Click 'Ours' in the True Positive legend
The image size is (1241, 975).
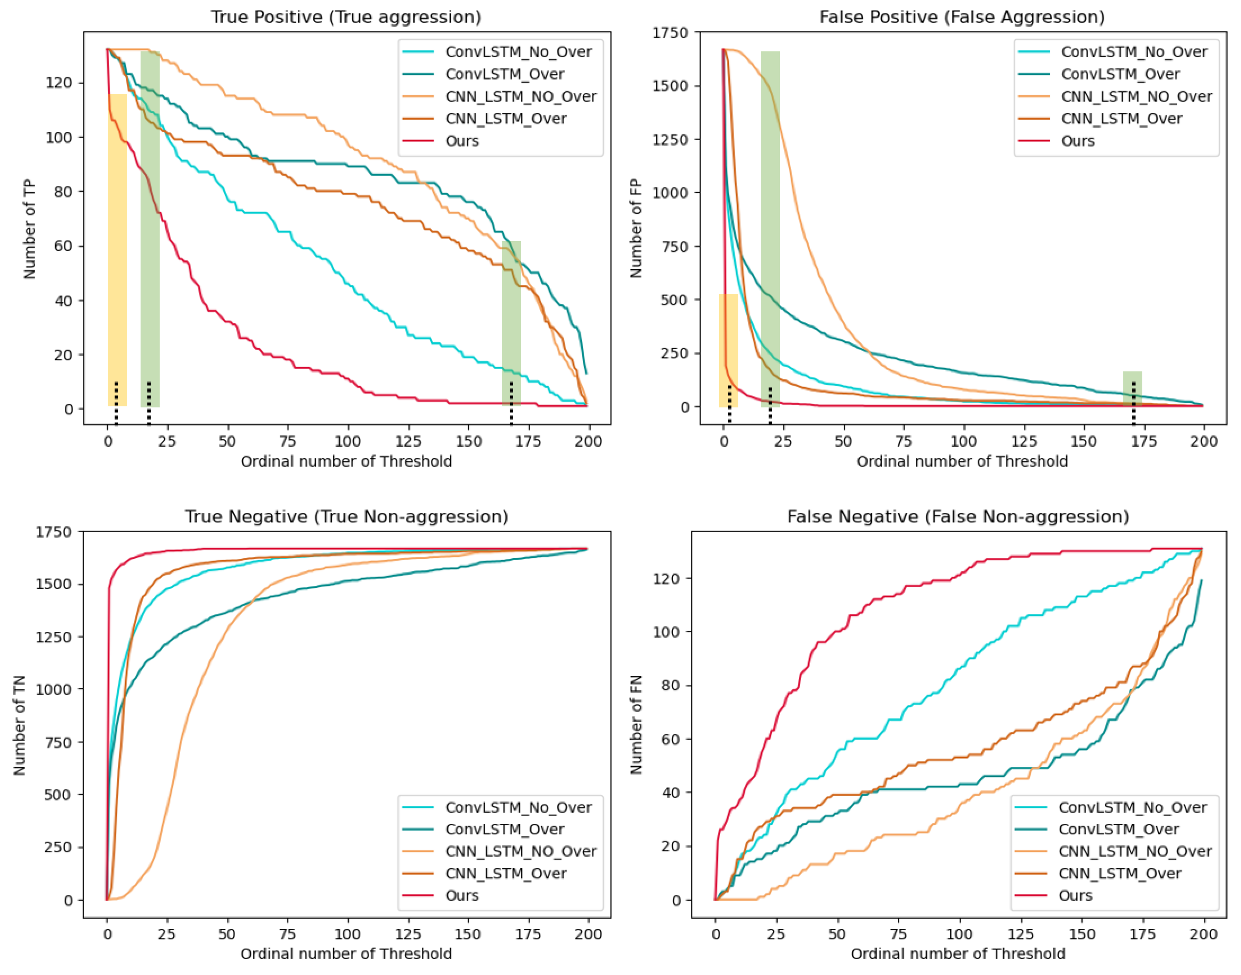[462, 141]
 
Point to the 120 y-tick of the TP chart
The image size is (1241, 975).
[59, 83]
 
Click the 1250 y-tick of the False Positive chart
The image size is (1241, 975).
[670, 139]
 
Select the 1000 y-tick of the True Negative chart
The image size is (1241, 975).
[54, 690]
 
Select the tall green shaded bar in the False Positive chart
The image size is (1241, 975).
[770, 228]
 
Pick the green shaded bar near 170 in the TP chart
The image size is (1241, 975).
[511, 323]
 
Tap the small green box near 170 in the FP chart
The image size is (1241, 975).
[1132, 389]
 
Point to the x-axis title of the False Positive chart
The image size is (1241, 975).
[962, 461]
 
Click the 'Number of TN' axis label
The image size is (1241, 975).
[19, 724]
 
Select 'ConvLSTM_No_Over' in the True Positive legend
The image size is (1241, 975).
[518, 52]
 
